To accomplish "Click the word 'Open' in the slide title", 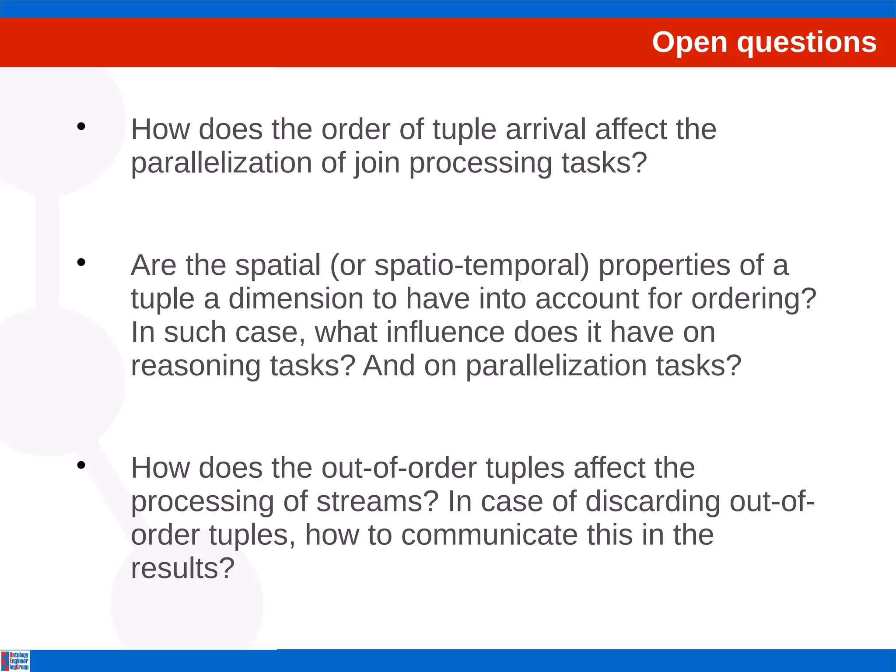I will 689,42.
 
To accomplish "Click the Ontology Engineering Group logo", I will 16,661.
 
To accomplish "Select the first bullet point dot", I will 81,127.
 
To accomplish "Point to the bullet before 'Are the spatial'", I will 81,262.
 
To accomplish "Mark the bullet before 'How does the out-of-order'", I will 81,465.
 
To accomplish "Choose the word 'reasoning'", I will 196,366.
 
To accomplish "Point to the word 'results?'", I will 183,568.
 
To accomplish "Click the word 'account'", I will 587,299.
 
